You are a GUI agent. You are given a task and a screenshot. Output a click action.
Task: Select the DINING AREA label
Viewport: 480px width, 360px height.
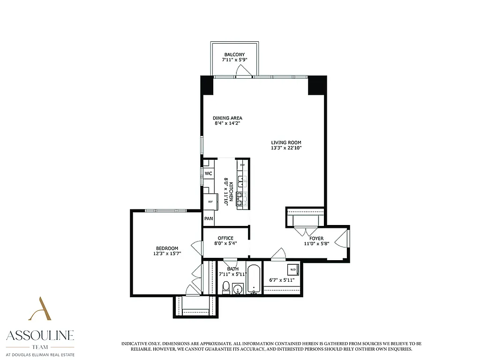(x=227, y=118)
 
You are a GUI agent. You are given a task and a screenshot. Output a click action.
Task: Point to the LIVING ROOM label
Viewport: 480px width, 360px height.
(x=286, y=142)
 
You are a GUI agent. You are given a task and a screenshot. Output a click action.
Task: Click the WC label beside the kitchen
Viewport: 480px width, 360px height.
(x=209, y=173)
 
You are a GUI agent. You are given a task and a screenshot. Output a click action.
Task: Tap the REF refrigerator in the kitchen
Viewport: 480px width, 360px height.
(x=210, y=202)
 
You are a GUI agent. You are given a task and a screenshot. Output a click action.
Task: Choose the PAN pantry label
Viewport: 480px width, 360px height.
(x=209, y=219)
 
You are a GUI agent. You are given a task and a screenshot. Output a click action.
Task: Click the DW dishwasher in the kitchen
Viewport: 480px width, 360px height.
(x=242, y=165)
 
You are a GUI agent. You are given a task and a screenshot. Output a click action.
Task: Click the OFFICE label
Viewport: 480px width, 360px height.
(x=225, y=238)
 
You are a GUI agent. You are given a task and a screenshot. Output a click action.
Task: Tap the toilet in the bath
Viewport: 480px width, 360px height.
(x=225, y=287)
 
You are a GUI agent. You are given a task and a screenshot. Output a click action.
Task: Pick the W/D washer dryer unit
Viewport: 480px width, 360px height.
(x=292, y=270)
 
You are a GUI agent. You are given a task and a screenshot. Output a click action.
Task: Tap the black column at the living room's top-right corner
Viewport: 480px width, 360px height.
(x=316, y=85)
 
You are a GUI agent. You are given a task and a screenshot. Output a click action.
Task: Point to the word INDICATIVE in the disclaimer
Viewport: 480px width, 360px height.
(x=136, y=344)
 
